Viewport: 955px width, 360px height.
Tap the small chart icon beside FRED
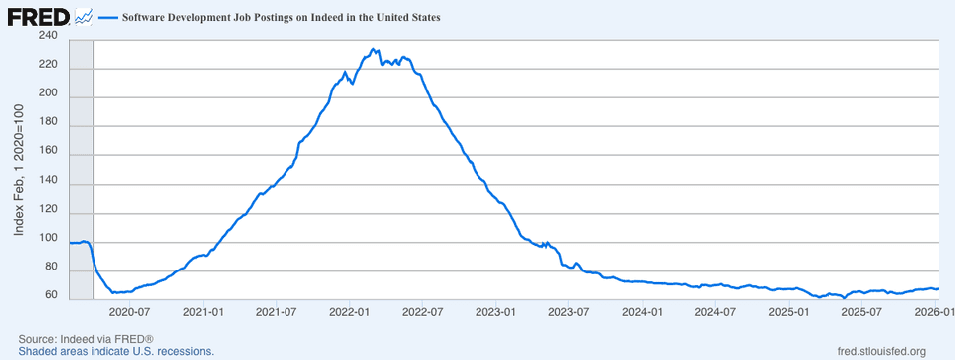click(x=84, y=17)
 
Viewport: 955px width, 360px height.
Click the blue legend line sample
click(x=107, y=17)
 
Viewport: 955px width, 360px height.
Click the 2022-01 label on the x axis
click(x=349, y=312)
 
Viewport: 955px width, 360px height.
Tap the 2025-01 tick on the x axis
click(x=789, y=312)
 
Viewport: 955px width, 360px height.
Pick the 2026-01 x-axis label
click(x=935, y=312)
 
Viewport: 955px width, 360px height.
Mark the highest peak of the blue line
click(x=373, y=49)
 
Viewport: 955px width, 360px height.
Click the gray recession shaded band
click(x=81, y=170)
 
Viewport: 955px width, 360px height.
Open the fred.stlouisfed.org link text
click(x=882, y=351)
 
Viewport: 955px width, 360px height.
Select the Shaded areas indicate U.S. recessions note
click(x=115, y=351)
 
